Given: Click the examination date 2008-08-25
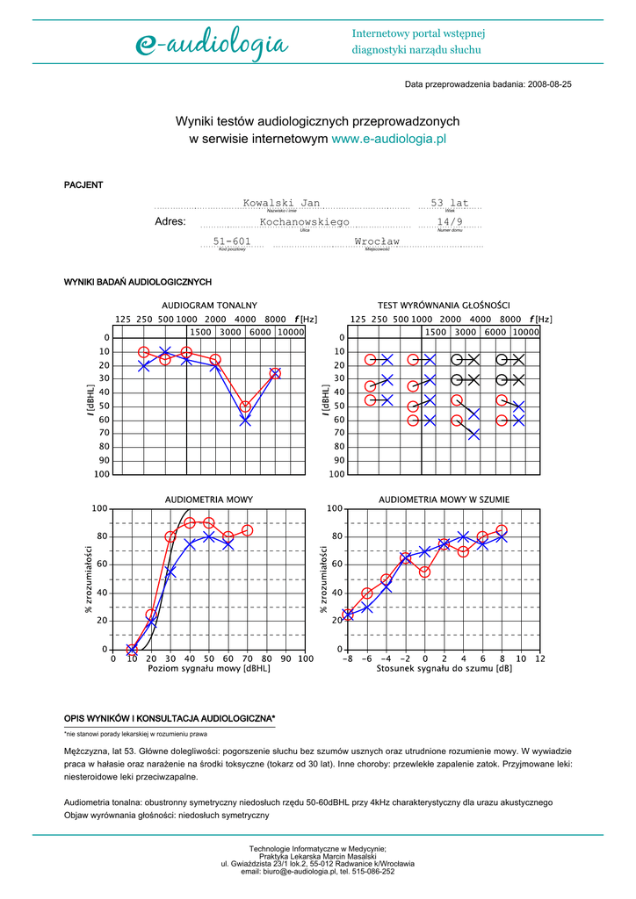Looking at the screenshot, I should point(549,85).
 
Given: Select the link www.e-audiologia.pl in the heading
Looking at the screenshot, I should point(389,139).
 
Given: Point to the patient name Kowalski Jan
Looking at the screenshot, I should point(281,203).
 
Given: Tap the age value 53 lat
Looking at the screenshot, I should point(449,203).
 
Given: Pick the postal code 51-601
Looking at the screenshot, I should point(232,241).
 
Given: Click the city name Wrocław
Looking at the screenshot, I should point(377,241).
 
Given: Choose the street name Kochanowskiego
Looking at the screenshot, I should point(304,222).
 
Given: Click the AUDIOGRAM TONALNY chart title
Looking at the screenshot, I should point(209,304).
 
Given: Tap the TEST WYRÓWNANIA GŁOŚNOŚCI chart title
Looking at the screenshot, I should point(444,304).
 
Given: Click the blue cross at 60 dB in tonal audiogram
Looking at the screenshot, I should point(245,421).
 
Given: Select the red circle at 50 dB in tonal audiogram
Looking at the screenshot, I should point(245,406).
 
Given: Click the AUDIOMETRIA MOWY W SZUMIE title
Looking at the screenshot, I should point(444,500).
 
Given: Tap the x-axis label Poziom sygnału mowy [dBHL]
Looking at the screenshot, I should point(209,669).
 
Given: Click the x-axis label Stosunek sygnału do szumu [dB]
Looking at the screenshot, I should point(444,669).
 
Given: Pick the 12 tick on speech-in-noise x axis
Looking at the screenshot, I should point(539,658).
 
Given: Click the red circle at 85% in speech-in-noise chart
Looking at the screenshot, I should point(502,530).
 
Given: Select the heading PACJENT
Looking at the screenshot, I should point(83,185).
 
